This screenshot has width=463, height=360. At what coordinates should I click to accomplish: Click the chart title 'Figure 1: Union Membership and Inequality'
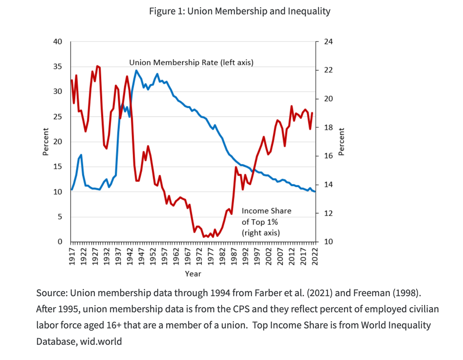click(x=240, y=11)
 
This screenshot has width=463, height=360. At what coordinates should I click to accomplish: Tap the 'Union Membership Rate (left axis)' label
click(x=191, y=62)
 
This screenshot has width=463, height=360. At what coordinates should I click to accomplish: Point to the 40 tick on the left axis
click(x=58, y=42)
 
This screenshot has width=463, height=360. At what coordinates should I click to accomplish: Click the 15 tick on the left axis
click(x=58, y=167)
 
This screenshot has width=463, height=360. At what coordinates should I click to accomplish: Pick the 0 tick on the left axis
click(x=60, y=242)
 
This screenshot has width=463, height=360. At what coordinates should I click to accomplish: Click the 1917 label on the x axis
click(x=72, y=256)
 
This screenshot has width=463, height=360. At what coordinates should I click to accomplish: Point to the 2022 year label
click(x=315, y=256)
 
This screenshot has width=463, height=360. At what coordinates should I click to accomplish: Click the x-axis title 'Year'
click(x=193, y=274)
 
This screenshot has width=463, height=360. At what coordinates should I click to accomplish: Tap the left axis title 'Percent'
click(x=46, y=142)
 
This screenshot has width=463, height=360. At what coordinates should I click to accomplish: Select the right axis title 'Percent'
click(x=342, y=142)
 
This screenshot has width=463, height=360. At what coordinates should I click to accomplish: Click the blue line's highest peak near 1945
click(x=136, y=71)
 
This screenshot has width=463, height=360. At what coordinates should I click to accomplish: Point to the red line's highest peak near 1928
click(x=97, y=66)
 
